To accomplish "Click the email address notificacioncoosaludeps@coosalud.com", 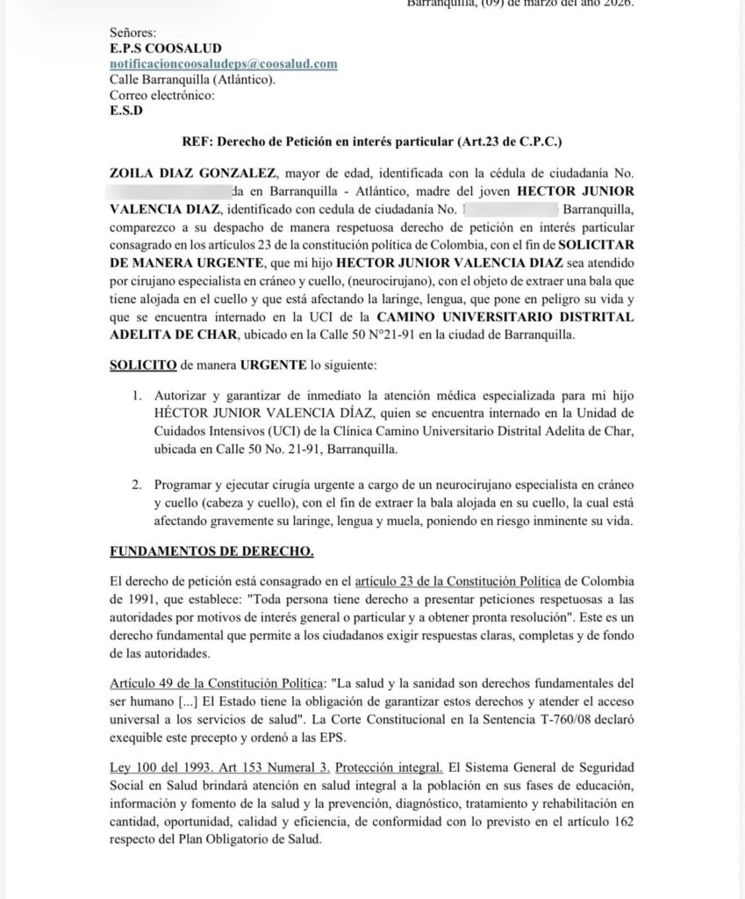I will pos(224,64).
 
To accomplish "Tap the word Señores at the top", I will pos(133,32).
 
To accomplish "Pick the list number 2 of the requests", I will pos(138,484).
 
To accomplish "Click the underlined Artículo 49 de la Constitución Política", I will pos(216,681).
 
